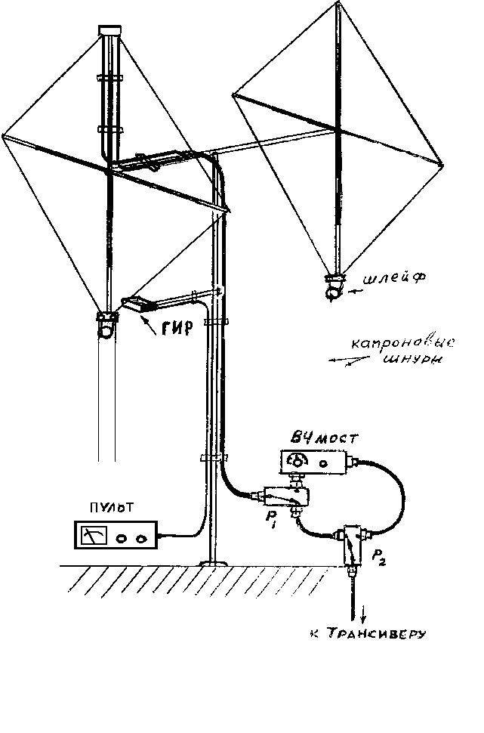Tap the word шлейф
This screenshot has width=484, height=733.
click(x=392, y=278)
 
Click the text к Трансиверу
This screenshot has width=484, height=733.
click(x=368, y=632)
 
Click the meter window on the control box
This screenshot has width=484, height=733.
click(x=94, y=535)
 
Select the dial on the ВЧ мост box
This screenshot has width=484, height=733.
click(x=300, y=460)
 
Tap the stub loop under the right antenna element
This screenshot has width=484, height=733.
click(x=333, y=287)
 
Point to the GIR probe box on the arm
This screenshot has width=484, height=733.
click(x=138, y=305)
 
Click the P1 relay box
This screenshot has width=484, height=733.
click(x=285, y=496)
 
